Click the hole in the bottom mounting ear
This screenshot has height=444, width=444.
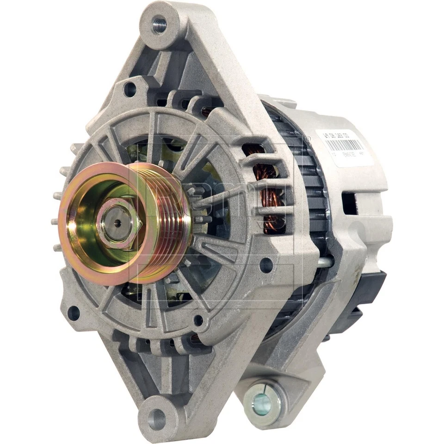click(x=157, y=419)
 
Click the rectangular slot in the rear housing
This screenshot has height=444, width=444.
click(x=349, y=203)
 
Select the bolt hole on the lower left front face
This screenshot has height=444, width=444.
click(x=74, y=313)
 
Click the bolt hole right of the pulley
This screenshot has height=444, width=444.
click(x=266, y=265)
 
